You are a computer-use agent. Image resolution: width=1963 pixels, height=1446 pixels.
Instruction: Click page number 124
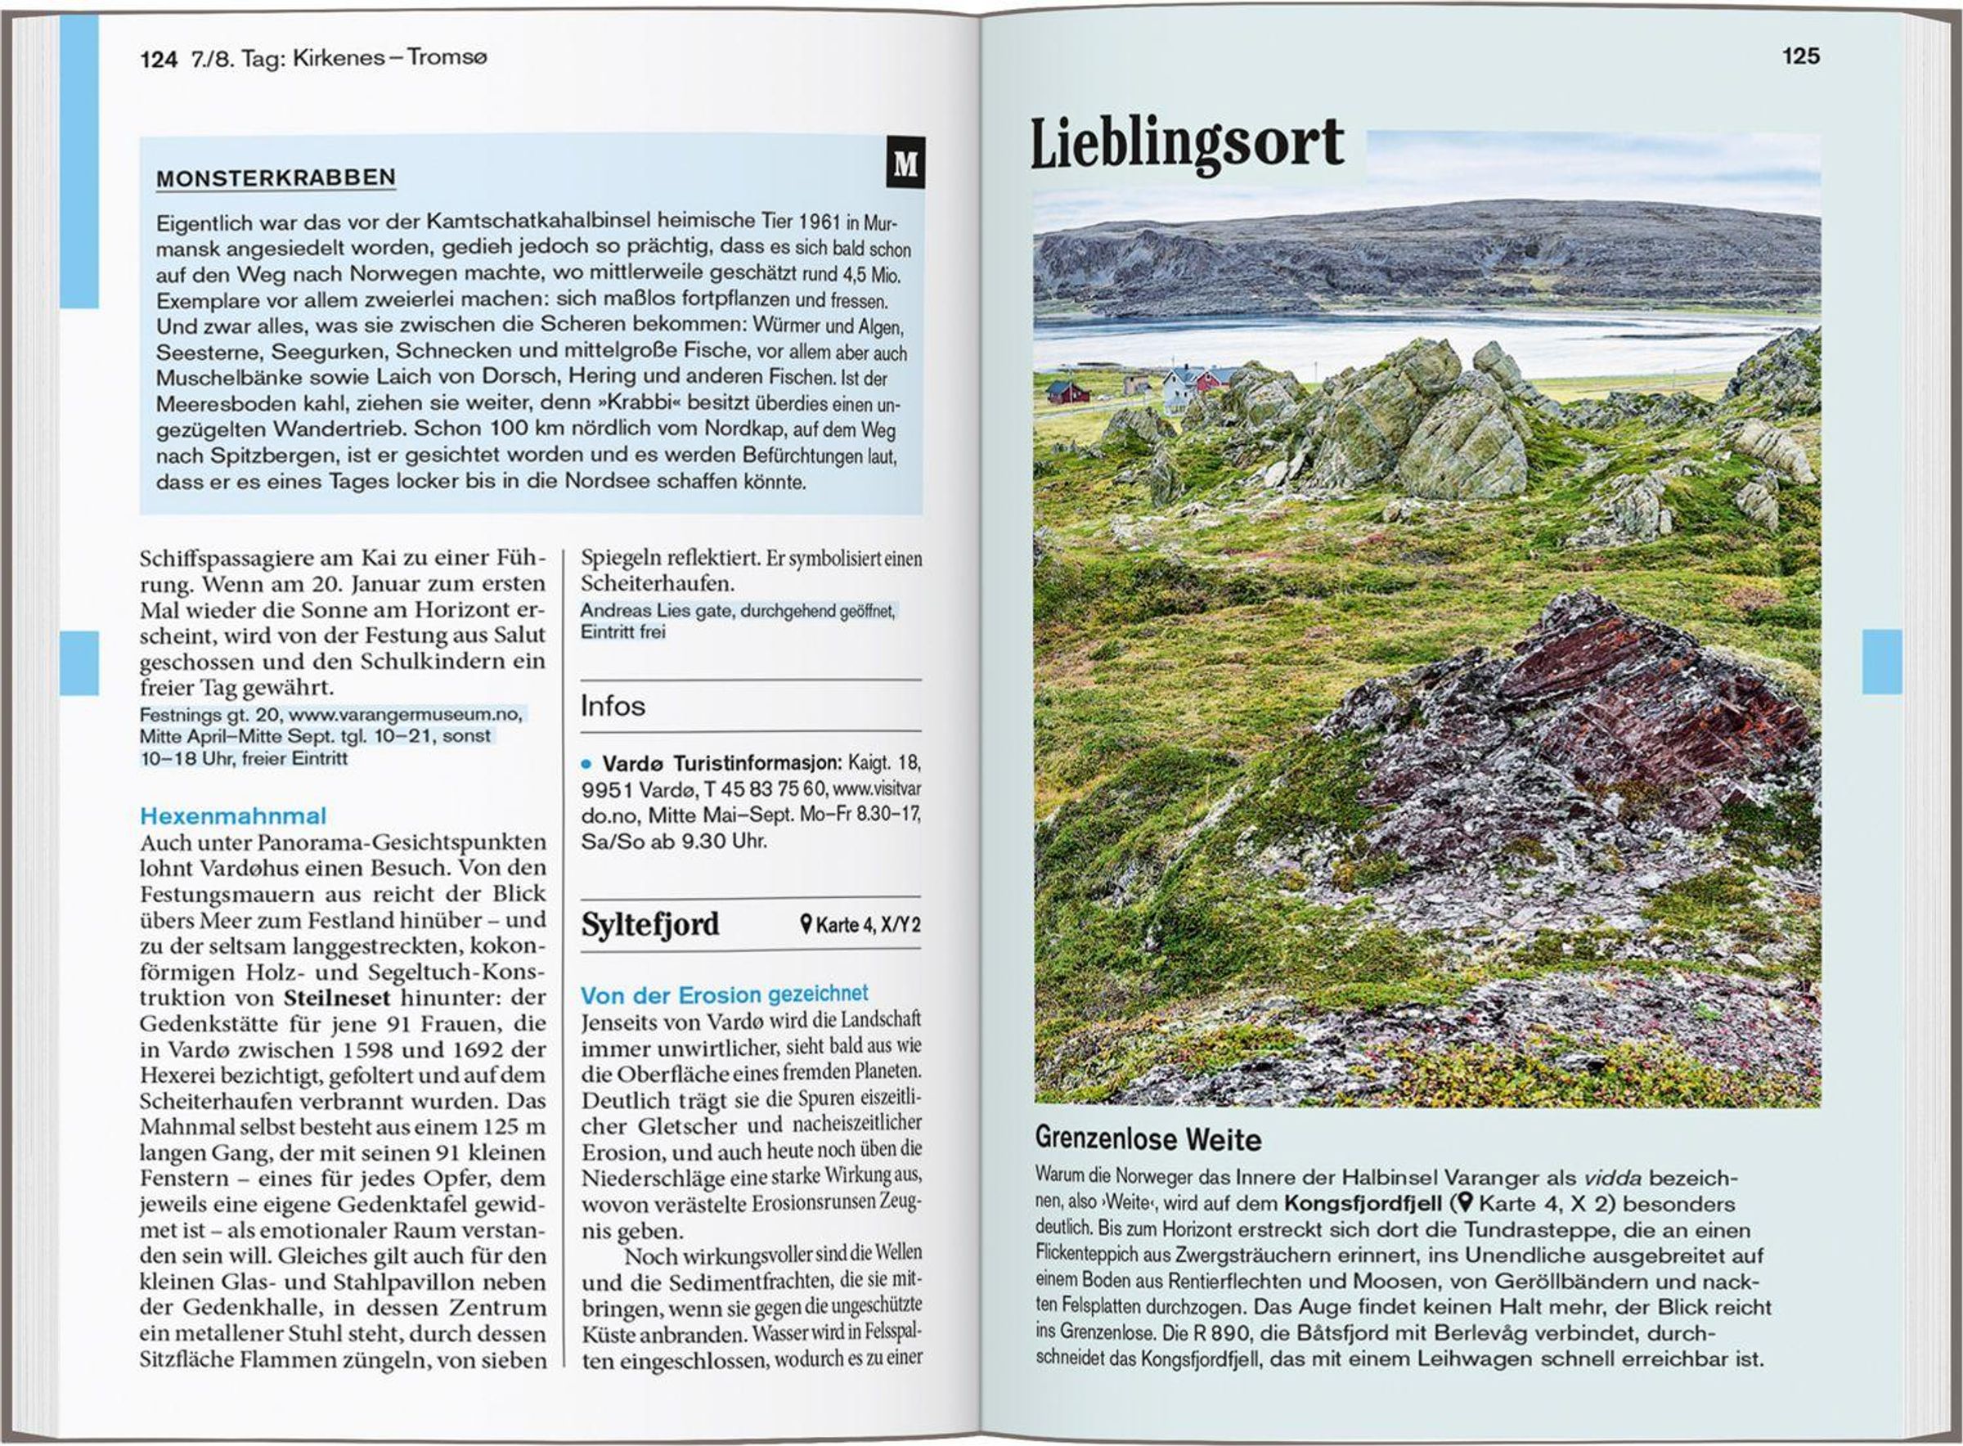pyautogui.click(x=159, y=59)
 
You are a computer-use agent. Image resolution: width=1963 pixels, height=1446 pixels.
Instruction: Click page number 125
pyautogui.click(x=1800, y=56)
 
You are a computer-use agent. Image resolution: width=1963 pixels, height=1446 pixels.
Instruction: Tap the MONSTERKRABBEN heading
pyautogui.click(x=276, y=177)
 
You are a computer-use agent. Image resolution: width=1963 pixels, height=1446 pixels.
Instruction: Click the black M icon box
pyautogui.click(x=905, y=163)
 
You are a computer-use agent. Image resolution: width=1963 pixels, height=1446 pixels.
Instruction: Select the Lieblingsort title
pyautogui.click(x=1187, y=142)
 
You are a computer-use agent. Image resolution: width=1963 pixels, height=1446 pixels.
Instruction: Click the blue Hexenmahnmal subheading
pyautogui.click(x=233, y=815)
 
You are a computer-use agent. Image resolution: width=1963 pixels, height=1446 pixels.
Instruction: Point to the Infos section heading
pyautogui.click(x=613, y=706)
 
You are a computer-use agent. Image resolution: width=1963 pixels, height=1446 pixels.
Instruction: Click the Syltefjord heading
pyautogui.click(x=650, y=924)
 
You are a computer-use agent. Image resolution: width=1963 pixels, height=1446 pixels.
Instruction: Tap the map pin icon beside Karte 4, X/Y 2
pyautogui.click(x=806, y=924)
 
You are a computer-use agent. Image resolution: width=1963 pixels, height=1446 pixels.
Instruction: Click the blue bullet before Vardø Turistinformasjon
pyautogui.click(x=586, y=763)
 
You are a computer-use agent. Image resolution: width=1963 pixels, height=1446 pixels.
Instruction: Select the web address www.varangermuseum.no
pyautogui.click(x=407, y=714)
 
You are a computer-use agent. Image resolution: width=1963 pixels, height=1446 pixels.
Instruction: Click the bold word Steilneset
pyautogui.click(x=337, y=998)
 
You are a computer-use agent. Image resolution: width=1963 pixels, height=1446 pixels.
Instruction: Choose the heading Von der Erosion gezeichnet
pyautogui.click(x=724, y=995)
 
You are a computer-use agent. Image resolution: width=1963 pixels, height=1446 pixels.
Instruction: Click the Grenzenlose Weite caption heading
pyautogui.click(x=1148, y=1138)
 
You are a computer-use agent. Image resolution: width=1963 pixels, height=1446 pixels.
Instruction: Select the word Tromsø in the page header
pyautogui.click(x=447, y=58)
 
